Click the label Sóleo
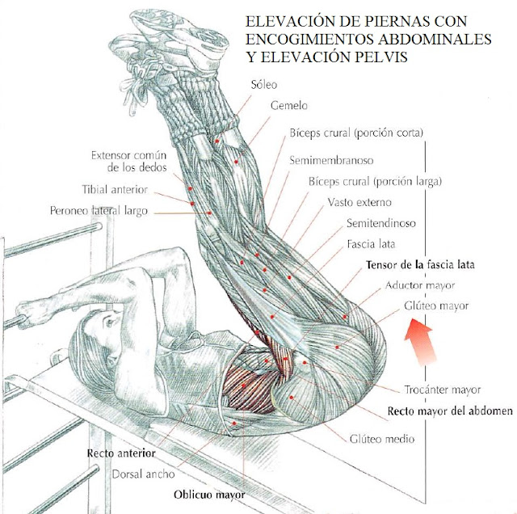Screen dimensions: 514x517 pos(265,85)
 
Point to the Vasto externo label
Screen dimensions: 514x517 pos(359,201)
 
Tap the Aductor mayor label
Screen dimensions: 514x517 pos(420,285)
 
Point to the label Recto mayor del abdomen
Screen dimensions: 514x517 pos(449,411)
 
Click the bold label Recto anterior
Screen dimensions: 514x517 pos(120,453)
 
